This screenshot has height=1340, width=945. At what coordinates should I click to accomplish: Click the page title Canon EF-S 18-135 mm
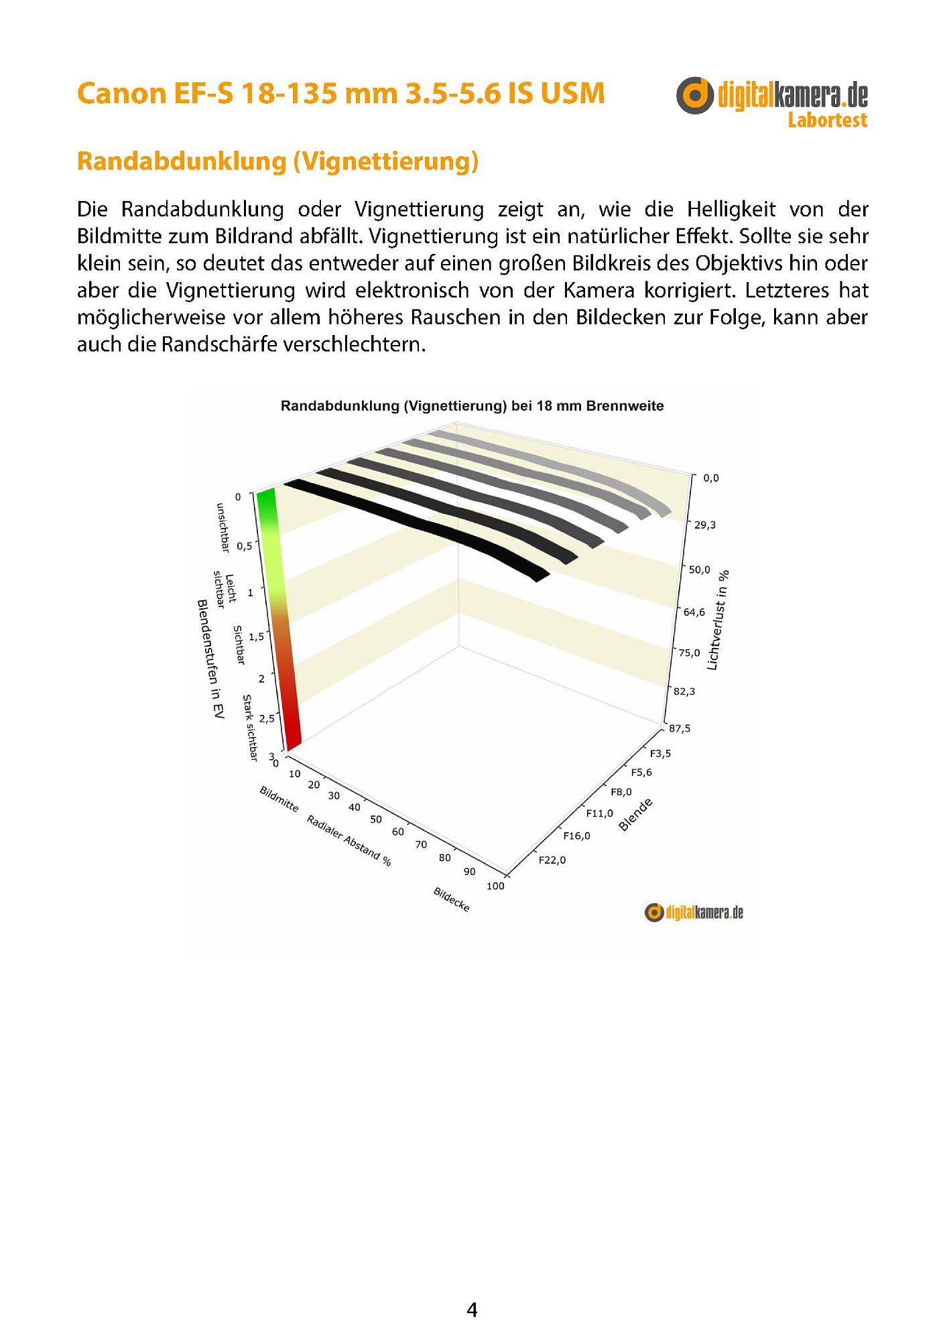click(x=340, y=93)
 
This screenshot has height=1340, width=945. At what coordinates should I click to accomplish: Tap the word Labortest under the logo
click(x=827, y=121)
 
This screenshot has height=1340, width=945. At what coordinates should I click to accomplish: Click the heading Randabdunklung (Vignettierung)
click(x=277, y=161)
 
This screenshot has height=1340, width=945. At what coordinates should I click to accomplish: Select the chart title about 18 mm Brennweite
click(x=472, y=406)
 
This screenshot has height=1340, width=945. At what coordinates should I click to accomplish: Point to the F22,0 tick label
click(x=552, y=860)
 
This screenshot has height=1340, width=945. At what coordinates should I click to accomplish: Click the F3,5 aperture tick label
click(x=660, y=754)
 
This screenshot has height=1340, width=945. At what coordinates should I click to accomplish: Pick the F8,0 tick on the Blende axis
click(x=621, y=792)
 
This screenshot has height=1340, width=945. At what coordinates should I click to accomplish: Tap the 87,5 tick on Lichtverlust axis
click(x=680, y=728)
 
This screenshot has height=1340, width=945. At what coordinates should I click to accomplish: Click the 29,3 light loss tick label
click(x=704, y=525)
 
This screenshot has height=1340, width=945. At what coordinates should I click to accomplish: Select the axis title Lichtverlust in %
click(x=717, y=620)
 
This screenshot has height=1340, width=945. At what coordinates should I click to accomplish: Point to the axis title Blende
click(x=635, y=815)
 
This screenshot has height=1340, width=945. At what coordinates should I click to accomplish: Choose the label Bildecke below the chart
click(x=452, y=899)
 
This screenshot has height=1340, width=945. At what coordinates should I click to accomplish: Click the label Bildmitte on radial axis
click(x=279, y=799)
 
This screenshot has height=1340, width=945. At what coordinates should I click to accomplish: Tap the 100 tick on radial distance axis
click(x=495, y=886)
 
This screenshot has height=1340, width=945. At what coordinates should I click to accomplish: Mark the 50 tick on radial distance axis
click(x=376, y=819)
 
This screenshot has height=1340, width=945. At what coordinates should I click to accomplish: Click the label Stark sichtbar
click(x=250, y=728)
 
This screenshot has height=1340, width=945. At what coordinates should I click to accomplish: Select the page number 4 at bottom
click(x=472, y=1310)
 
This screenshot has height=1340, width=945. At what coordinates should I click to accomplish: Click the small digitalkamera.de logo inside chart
click(x=694, y=912)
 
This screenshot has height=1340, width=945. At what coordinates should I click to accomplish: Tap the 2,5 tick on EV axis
click(x=267, y=718)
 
